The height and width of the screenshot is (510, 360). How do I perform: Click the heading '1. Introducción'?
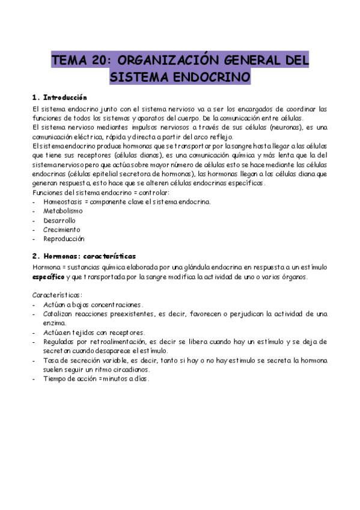[59, 97]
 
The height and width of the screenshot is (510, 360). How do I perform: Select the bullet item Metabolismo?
[63, 210]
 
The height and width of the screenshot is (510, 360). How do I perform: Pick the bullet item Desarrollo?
[59, 220]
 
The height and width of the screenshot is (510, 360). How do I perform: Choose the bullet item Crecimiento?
[61, 229]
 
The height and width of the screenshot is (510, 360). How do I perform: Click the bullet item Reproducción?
[64, 238]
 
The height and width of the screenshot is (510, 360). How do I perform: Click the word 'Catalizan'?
[59, 314]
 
